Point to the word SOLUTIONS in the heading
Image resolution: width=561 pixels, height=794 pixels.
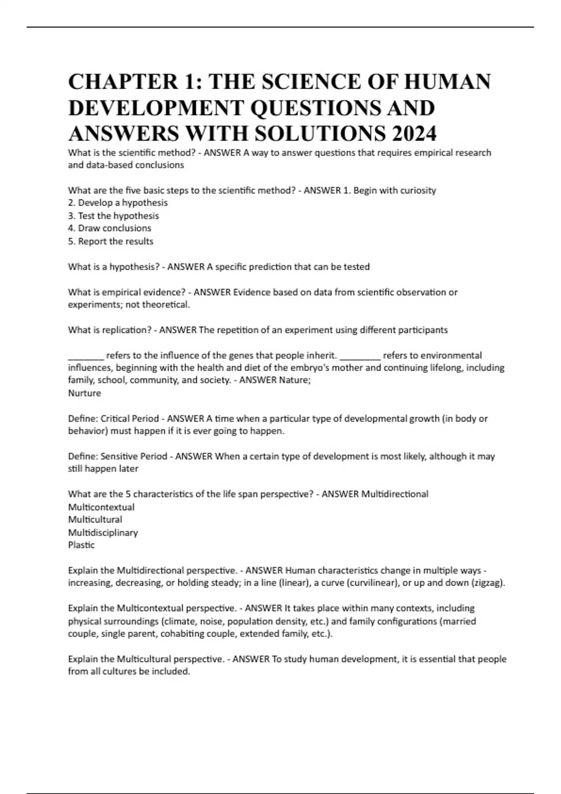tap(320, 134)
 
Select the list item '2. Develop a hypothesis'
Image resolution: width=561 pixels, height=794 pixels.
tap(118, 203)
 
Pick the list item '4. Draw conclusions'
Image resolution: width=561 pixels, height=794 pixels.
tap(109, 228)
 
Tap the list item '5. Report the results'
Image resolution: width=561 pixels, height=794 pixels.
tap(111, 241)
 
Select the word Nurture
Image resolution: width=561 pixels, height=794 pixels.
tap(85, 393)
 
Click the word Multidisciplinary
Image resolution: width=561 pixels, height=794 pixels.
tap(103, 533)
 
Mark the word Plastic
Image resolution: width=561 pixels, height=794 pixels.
tap(81, 545)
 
